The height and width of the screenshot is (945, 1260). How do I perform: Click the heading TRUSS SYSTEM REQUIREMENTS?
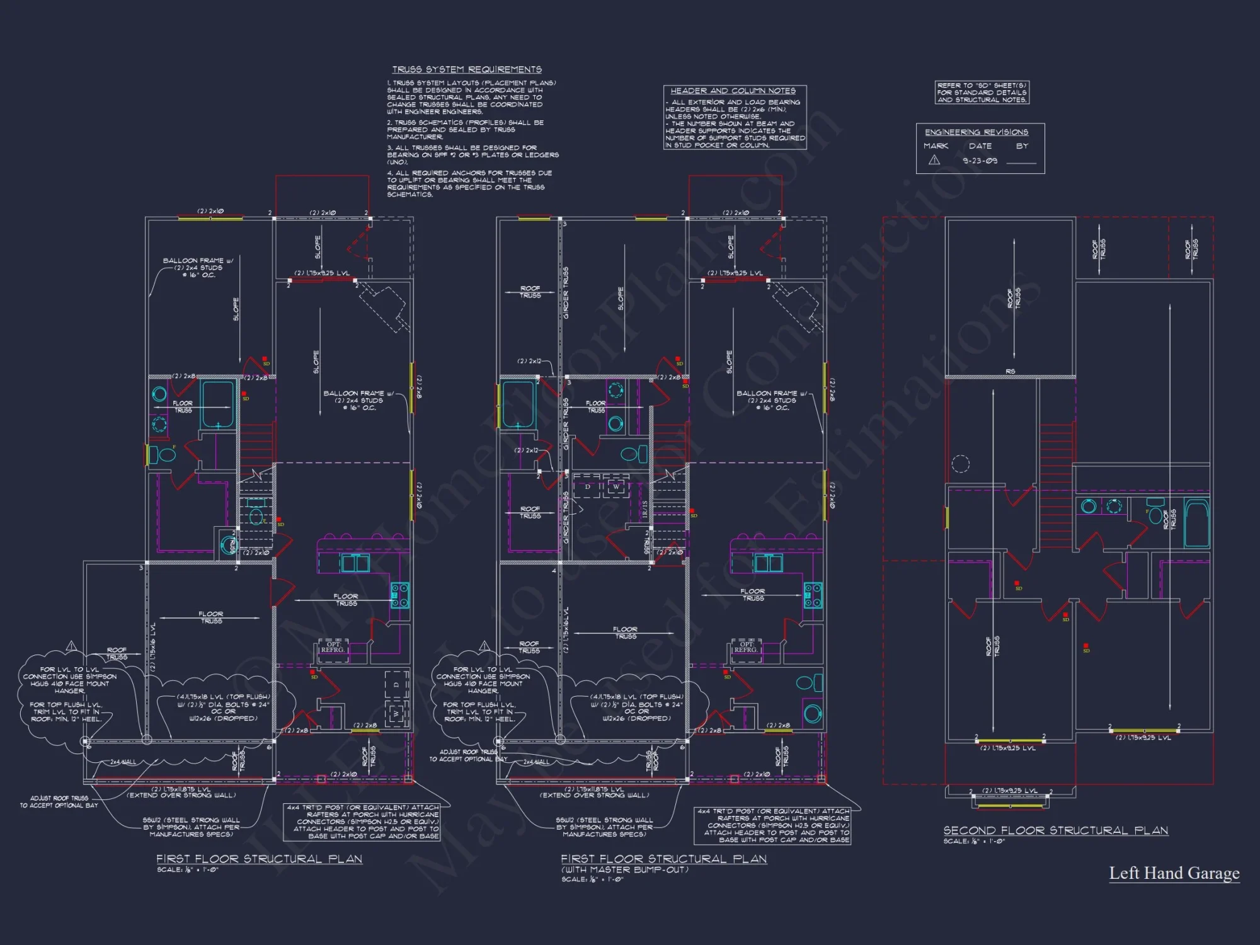[466, 69]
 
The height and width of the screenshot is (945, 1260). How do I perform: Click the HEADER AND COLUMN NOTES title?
[733, 91]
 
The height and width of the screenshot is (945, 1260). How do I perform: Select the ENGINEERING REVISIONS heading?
[976, 132]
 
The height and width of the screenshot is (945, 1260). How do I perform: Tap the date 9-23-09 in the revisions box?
[980, 161]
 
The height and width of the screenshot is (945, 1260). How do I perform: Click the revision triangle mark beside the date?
[934, 160]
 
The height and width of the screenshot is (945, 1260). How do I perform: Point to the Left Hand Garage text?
[1174, 873]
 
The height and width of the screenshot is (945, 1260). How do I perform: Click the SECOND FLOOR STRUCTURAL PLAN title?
[1055, 830]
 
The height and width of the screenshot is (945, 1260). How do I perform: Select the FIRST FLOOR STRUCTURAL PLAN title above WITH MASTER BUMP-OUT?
[663, 859]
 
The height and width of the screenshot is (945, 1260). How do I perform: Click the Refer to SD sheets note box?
[982, 93]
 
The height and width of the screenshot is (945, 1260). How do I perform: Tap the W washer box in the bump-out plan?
[616, 487]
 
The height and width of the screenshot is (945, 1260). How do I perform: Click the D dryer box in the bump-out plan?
[588, 487]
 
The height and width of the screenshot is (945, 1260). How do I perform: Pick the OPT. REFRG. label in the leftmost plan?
[333, 647]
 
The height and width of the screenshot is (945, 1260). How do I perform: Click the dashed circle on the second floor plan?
[960, 464]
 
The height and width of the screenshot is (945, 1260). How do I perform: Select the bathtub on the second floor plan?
[1196, 523]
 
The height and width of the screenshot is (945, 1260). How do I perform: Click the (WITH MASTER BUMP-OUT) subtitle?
[624, 869]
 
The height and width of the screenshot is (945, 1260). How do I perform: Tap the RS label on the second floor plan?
[1011, 372]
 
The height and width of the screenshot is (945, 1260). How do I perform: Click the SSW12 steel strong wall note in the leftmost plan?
[191, 827]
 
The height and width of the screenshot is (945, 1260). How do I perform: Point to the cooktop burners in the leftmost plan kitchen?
[399, 595]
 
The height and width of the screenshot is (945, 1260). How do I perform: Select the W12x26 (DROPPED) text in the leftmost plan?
[223, 718]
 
